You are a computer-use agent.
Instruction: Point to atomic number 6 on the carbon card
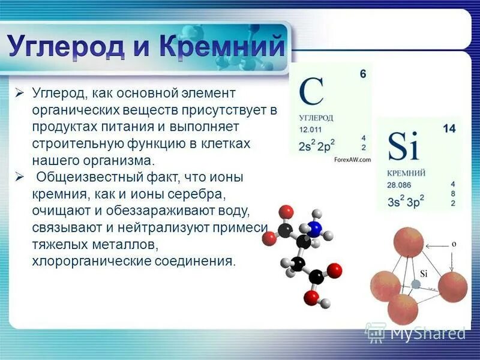pos(362,74)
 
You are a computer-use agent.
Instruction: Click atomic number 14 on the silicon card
pos(449,128)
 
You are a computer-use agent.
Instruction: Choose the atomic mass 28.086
pos(398,184)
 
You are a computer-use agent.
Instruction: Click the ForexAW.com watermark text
pos(352,159)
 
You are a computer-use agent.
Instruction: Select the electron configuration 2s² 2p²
pos(316,146)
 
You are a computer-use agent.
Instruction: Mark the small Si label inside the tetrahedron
pos(424,274)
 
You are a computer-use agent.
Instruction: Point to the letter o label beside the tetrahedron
pos(454,244)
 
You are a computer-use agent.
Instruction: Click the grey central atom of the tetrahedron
pos(415,284)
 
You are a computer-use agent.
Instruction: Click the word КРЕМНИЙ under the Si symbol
pos(406,173)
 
